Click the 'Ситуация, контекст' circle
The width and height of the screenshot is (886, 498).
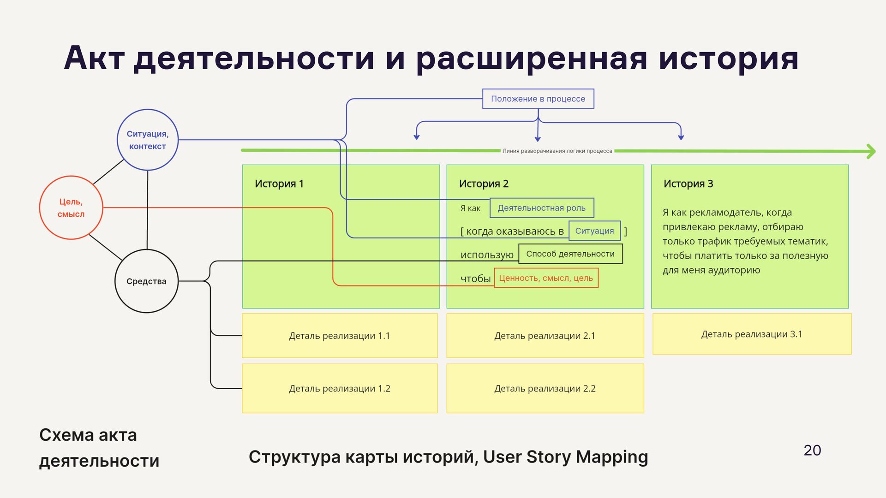(x=148, y=140)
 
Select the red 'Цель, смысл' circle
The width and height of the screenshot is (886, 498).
(x=71, y=207)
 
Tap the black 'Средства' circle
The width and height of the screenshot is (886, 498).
(x=146, y=281)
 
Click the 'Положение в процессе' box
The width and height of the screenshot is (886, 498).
(x=538, y=99)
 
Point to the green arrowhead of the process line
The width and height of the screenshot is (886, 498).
(x=871, y=151)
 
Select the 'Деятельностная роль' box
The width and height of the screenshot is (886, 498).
(x=541, y=208)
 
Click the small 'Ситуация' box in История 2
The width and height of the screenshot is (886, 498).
(x=594, y=231)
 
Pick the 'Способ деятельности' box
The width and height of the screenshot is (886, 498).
(x=570, y=254)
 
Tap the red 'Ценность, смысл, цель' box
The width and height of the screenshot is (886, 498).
(x=546, y=278)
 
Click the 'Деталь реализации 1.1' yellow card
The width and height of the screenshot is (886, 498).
(x=340, y=336)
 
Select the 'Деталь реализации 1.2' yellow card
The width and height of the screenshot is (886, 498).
(x=340, y=388)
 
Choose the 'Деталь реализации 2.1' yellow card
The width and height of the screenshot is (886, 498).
(x=545, y=336)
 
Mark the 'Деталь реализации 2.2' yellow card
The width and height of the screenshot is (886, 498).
(x=545, y=388)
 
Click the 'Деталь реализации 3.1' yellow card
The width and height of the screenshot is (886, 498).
(x=752, y=334)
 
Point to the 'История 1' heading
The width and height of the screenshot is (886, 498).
(x=279, y=184)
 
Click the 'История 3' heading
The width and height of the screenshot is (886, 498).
(x=688, y=184)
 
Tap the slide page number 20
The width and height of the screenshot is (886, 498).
(x=812, y=450)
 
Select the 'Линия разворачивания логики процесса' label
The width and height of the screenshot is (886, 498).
(x=557, y=151)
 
